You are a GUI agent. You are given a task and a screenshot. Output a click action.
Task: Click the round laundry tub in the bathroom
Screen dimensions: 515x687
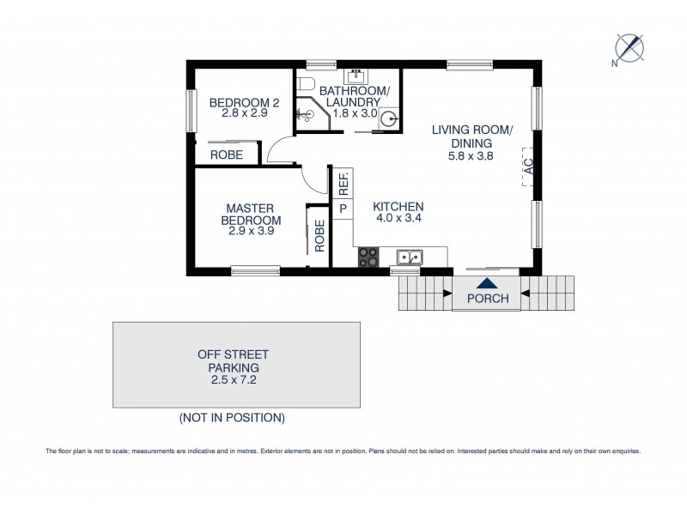(x=387, y=120)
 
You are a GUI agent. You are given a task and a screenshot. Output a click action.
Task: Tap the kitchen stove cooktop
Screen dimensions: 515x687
(x=368, y=256)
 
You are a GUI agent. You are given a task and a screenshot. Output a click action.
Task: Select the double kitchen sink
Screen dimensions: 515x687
(x=410, y=256)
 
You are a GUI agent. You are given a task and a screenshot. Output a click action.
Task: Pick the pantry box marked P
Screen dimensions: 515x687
(x=342, y=209)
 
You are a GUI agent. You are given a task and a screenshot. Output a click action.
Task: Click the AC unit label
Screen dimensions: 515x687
(x=529, y=165)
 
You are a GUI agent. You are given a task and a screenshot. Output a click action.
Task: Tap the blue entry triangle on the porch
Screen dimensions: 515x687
(x=486, y=283)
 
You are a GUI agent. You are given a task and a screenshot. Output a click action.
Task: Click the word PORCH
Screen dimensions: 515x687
(x=487, y=299)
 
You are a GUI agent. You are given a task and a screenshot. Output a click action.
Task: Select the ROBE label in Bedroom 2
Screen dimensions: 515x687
(x=227, y=155)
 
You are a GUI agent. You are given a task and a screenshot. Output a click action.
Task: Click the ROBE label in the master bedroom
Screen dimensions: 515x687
(x=319, y=235)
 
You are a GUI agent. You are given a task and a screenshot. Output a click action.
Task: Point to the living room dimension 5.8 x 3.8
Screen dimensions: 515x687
(x=471, y=157)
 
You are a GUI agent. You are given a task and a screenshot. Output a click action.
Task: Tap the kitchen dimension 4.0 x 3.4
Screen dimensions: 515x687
(x=398, y=219)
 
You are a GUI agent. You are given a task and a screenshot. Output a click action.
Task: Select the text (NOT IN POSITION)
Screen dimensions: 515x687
(x=232, y=418)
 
